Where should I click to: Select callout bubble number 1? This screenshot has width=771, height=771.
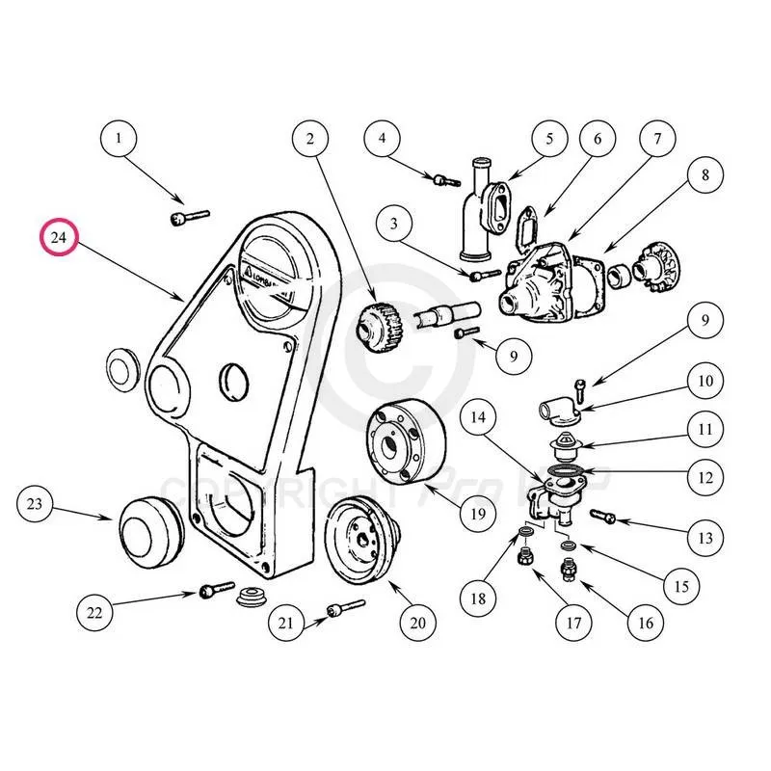[120, 139]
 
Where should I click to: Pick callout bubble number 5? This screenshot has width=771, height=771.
[550, 139]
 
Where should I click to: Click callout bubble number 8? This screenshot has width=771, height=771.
[705, 175]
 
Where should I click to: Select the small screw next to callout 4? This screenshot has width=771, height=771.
[442, 178]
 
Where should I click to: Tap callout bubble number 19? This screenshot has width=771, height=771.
[477, 514]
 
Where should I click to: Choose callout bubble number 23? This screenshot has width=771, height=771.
[36, 504]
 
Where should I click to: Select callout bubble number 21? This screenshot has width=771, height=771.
[285, 624]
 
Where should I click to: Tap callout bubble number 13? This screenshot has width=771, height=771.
[705, 537]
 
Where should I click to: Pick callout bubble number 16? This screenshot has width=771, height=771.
[646, 623]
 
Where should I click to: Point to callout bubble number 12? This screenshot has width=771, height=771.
[705, 476]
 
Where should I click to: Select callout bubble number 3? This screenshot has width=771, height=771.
[393, 224]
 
